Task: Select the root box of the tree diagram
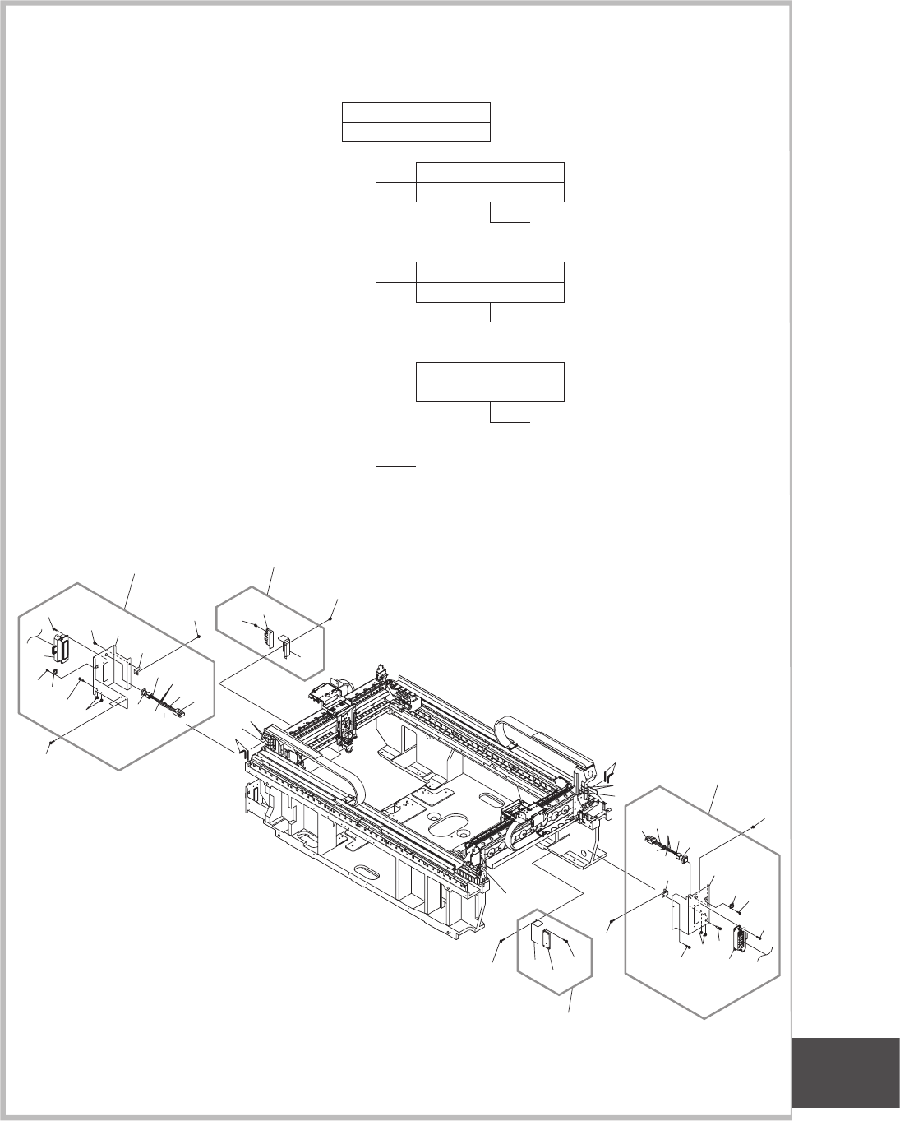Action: pyautogui.click(x=416, y=122)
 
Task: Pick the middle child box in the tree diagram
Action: pyautogui.click(x=491, y=282)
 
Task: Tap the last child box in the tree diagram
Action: pyautogui.click(x=491, y=382)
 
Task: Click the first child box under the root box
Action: pyautogui.click(x=491, y=182)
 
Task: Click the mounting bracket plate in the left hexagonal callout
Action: pyautogui.click(x=113, y=666)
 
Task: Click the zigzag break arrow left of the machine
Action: pyautogui.click(x=241, y=748)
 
